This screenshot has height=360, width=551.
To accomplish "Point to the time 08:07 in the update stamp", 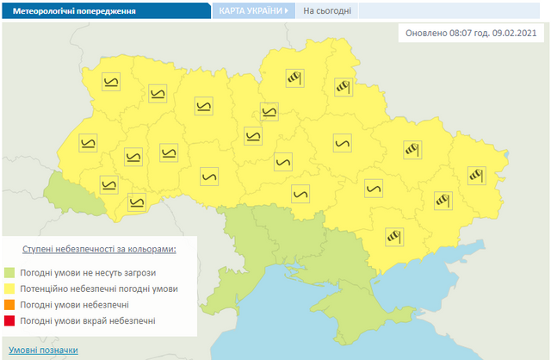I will click(x=466, y=34).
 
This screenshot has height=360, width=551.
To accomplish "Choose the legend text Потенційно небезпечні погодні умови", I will click(x=99, y=289).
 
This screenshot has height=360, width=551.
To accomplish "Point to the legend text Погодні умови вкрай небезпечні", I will click(x=88, y=321).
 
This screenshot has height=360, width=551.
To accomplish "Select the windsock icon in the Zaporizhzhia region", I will click(x=393, y=234).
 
